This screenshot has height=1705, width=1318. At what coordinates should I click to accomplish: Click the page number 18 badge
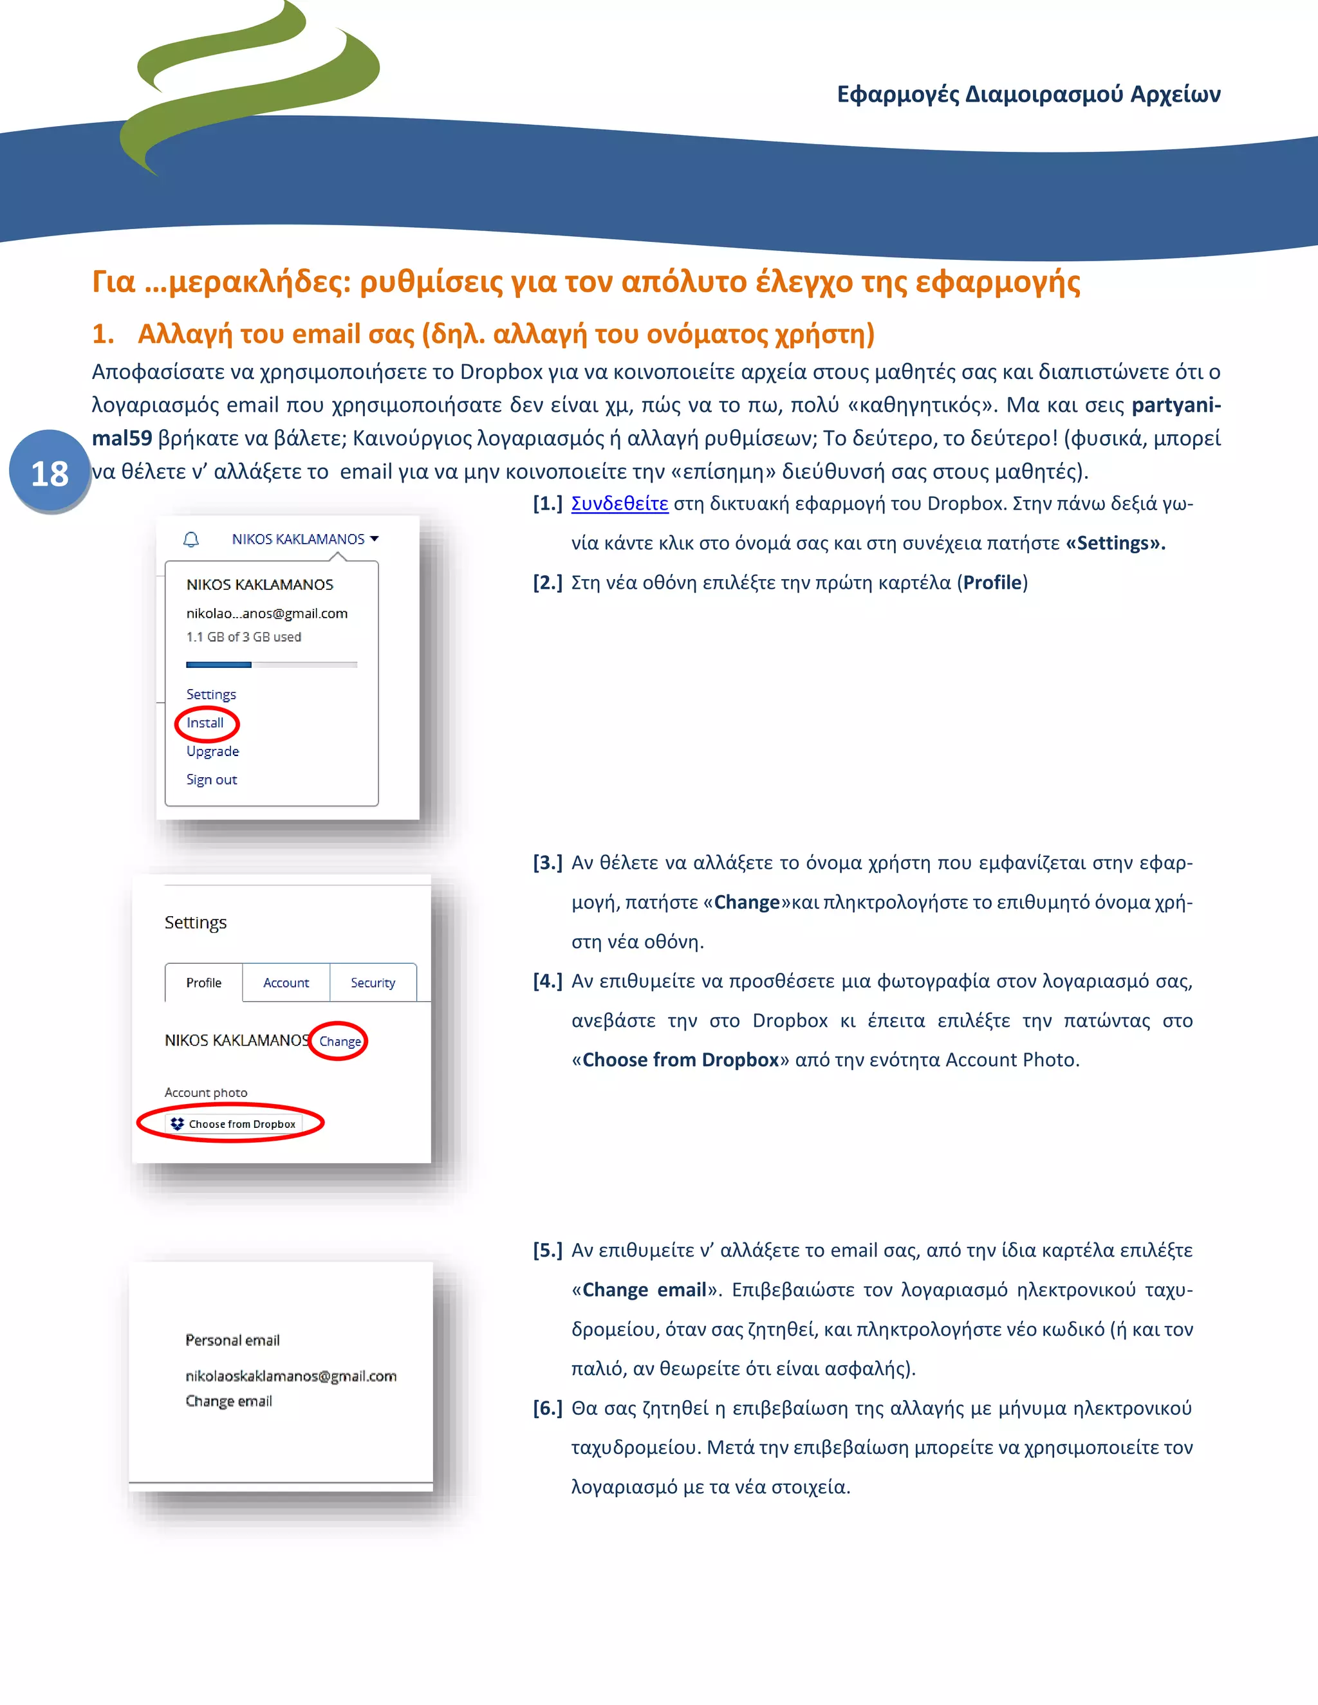pos(49,473)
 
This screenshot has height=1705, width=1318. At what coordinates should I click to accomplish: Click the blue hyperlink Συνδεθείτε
pos(619,504)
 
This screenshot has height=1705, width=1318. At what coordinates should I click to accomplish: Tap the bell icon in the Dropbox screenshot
pos(191,539)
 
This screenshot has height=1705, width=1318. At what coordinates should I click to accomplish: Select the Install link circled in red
pos(205,723)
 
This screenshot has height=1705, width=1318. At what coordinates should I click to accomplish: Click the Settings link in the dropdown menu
pos(211,694)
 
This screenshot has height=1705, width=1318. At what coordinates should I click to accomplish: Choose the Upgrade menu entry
pos(212,751)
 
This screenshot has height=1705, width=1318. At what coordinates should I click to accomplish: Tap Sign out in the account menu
pos(212,779)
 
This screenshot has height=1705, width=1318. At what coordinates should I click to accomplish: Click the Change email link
pos(228,1401)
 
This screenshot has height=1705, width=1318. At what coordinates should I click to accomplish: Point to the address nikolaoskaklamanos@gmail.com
pos(290,1376)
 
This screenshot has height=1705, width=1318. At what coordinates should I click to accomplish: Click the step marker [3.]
pos(548,863)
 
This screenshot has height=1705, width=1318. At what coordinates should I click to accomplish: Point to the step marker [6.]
pos(548,1408)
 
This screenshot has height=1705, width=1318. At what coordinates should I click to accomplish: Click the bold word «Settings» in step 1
pos(1115,544)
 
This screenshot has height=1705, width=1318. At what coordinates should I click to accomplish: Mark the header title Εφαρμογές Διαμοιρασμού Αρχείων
pos(1028,95)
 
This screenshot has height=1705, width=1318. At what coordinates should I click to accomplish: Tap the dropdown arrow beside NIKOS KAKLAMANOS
pos(375,539)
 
